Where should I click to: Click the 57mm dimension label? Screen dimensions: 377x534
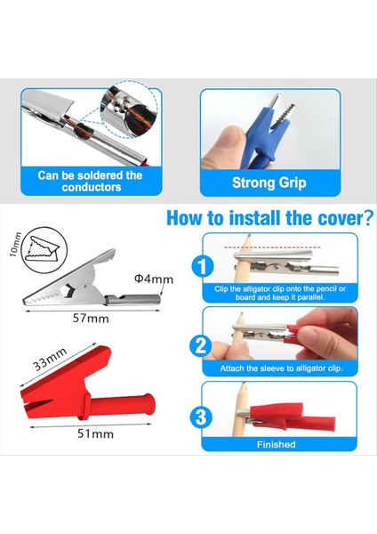(x=91, y=319)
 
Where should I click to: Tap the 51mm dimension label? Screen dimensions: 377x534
(x=96, y=434)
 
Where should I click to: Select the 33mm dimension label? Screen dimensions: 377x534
(x=50, y=360)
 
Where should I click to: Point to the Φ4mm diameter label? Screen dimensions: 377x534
(x=154, y=279)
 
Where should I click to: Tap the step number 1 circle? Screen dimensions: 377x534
(x=203, y=267)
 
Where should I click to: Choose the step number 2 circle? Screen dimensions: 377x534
(x=200, y=345)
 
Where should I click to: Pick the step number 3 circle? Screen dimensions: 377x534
(x=201, y=417)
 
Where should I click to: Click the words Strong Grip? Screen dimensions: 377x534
(x=269, y=182)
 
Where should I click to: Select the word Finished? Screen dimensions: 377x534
(x=276, y=444)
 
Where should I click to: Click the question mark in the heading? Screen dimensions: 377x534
(x=367, y=218)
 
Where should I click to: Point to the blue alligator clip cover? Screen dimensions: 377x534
(x=260, y=136)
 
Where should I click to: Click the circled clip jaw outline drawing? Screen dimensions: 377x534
(x=44, y=250)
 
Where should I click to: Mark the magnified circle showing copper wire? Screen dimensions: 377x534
(x=129, y=109)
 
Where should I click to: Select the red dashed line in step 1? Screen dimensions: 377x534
(x=272, y=247)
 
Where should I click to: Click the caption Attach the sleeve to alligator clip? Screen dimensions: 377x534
(x=281, y=368)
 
